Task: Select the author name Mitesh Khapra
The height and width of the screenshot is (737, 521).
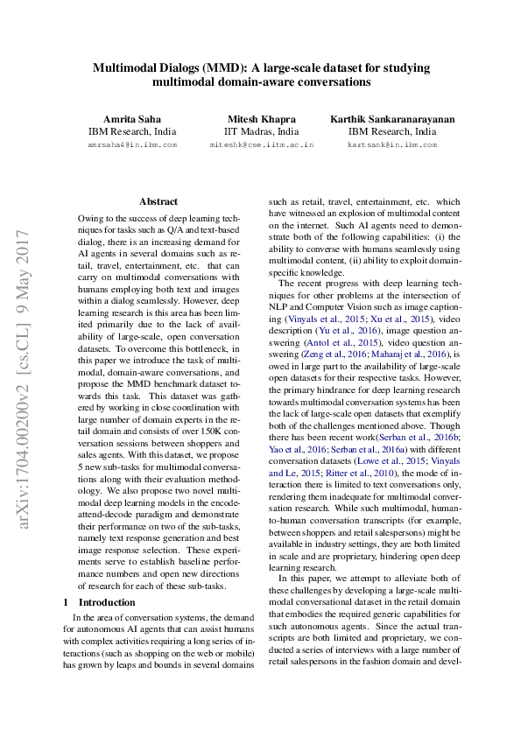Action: tap(261, 118)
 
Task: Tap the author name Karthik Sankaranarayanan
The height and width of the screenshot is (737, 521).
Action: tap(392, 118)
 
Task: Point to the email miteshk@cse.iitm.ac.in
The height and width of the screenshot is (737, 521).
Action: tap(261, 144)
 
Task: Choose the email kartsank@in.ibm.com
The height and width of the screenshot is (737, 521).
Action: tap(392, 144)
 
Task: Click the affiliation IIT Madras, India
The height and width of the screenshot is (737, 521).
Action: tap(261, 131)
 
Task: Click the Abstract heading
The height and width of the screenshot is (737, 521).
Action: tap(158, 201)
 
